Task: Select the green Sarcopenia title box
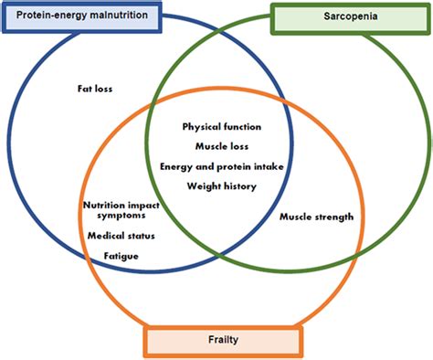tap(350, 18)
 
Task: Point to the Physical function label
tap(222, 126)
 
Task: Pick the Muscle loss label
tap(222, 146)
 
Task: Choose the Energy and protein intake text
tap(221, 166)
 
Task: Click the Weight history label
tap(221, 186)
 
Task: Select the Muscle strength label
tap(316, 217)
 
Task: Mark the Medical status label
tap(121, 236)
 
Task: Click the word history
tap(238, 186)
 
